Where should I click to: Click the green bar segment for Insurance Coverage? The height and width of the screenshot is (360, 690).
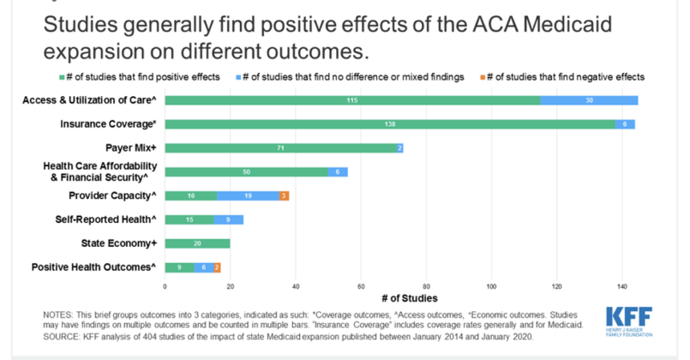390,124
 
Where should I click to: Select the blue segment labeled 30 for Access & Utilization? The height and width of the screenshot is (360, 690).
589,100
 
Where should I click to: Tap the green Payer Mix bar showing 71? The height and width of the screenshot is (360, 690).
280,148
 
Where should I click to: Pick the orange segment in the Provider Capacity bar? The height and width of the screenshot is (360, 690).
285,195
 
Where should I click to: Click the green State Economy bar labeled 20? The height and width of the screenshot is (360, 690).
197,243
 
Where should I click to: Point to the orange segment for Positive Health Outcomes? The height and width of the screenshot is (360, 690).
217,267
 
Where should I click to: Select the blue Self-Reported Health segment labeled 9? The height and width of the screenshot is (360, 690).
229,219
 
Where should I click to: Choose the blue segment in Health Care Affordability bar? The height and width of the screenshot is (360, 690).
338,172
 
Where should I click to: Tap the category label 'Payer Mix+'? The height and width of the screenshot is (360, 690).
129,148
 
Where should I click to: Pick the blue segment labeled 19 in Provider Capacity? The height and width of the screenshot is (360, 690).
249,195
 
